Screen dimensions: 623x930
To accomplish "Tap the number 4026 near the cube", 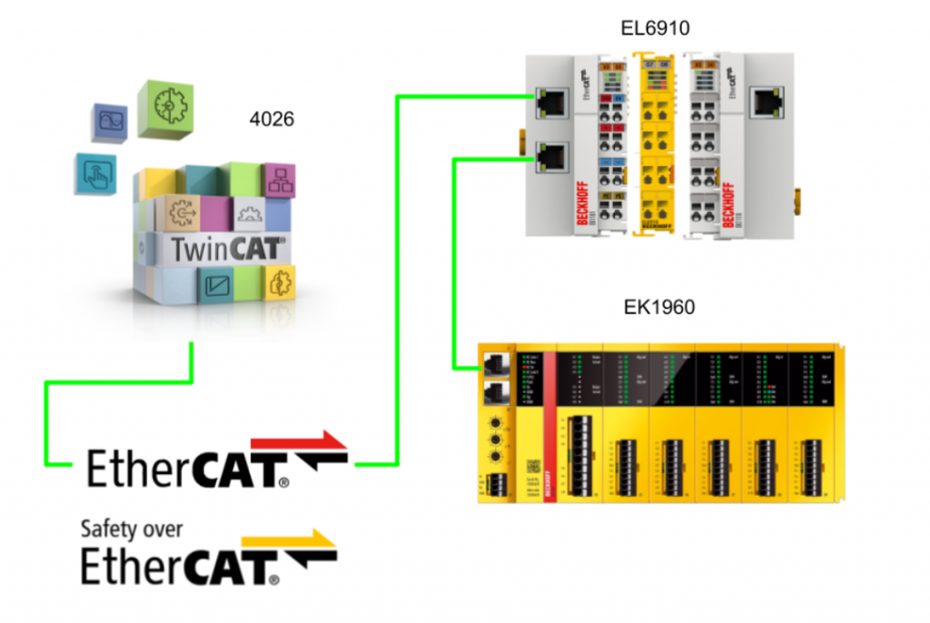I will pos(272,119).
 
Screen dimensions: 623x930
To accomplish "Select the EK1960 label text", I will pos(659,307).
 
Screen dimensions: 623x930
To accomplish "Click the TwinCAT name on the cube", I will pos(216,247).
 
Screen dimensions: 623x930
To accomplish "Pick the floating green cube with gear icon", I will pos(165,108).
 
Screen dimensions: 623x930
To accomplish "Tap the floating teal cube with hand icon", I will pos(95,173).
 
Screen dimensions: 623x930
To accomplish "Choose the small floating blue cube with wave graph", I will pos(113,124).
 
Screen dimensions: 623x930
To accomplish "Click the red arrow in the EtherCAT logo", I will pos(300,443).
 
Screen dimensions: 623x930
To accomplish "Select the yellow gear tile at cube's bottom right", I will pos(277,282).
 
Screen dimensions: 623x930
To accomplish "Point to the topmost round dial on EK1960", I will pos(496,423).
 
